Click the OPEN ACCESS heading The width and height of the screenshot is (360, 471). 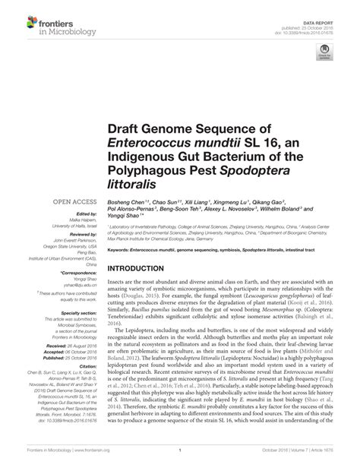coord(73,201)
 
